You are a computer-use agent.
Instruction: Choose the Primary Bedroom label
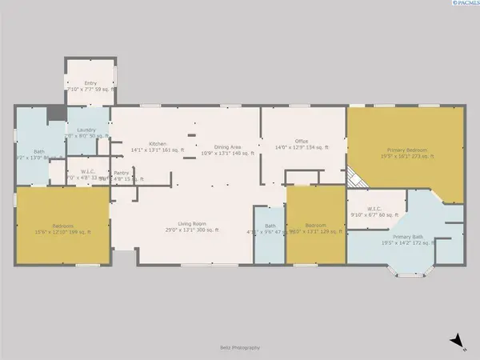(x=406, y=154)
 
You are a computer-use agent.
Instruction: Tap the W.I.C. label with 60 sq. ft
(x=375, y=211)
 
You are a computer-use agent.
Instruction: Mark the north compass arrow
(x=455, y=342)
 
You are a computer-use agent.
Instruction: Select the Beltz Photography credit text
(x=238, y=347)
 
